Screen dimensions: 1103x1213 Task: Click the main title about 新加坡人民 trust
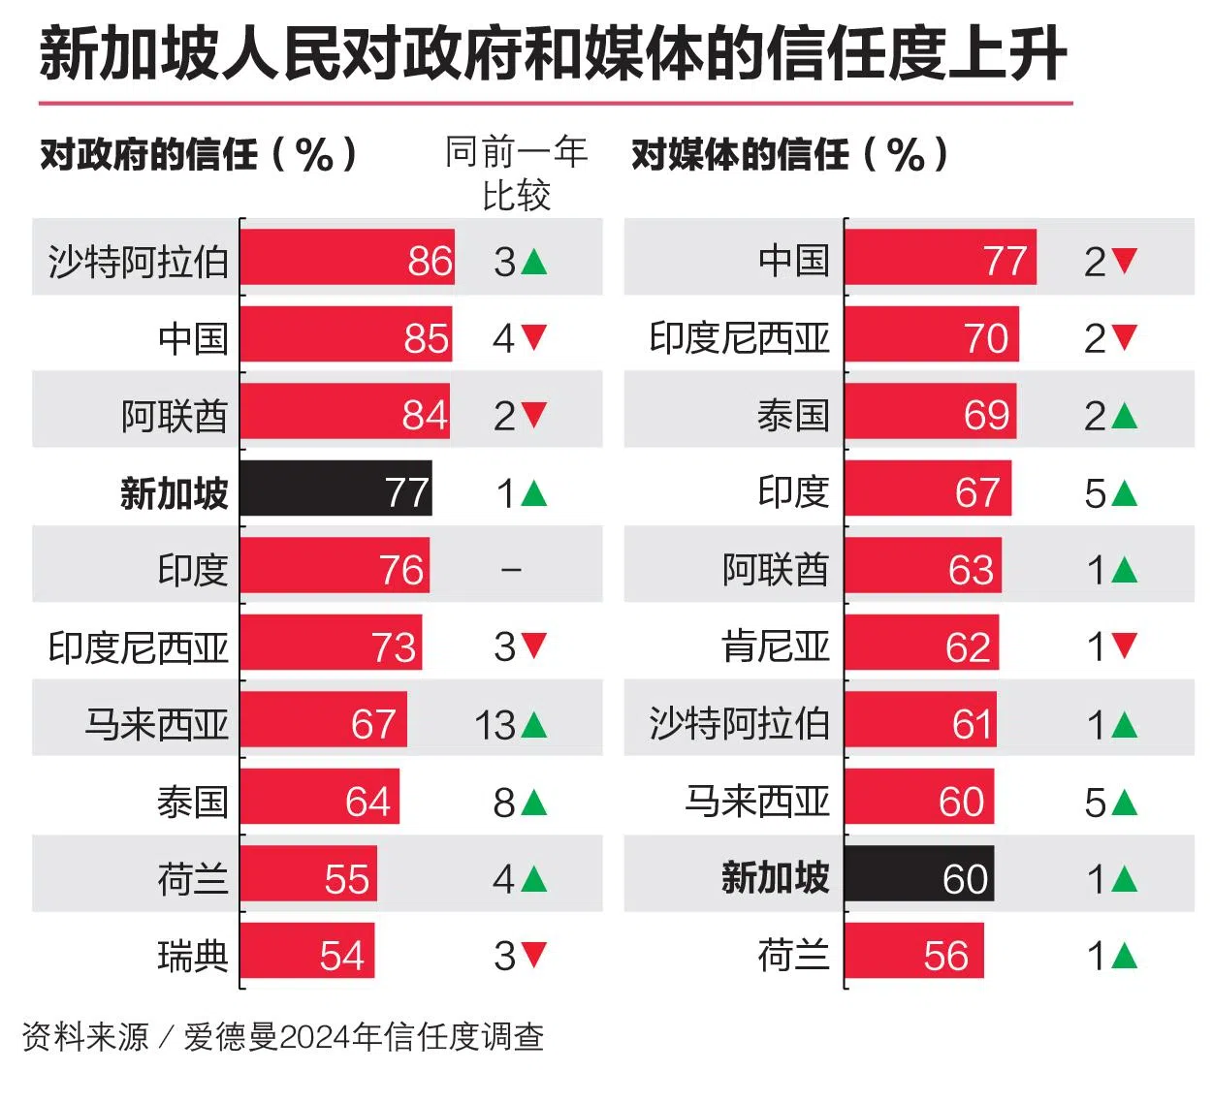(x=553, y=54)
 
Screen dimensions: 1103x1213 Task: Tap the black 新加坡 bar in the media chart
(x=918, y=877)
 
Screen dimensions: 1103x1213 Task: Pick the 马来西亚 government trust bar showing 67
(x=323, y=723)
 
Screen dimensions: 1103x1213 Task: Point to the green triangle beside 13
(x=534, y=724)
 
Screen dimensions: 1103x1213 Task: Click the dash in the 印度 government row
(x=511, y=570)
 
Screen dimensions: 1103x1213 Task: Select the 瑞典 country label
(x=193, y=956)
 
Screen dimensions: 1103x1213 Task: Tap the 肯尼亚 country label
(x=776, y=646)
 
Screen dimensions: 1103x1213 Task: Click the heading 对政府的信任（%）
(x=200, y=154)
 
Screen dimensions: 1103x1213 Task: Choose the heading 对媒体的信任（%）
(x=790, y=154)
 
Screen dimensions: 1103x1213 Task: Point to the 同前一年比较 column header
(x=516, y=173)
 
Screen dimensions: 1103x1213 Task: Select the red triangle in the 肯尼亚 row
(x=1125, y=646)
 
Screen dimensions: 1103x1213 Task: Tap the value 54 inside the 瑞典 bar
(x=341, y=956)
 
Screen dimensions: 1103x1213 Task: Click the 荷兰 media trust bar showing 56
(x=913, y=955)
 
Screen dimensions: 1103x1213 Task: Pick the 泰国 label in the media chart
(x=793, y=415)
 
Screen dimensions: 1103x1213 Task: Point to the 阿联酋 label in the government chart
(x=175, y=415)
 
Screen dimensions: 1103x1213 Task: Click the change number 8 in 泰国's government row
(x=504, y=802)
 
